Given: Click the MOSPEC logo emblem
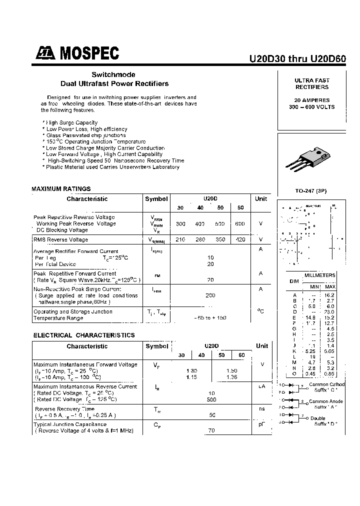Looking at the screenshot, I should (x=46, y=52).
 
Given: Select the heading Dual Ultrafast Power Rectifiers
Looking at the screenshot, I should (x=114, y=83).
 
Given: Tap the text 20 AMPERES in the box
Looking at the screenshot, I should (x=311, y=100).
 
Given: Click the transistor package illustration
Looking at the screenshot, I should (x=311, y=159).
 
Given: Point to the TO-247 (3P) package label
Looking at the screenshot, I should (x=311, y=190).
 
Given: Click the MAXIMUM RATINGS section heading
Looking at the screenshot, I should (x=61, y=188).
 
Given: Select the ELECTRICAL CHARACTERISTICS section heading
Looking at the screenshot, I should (x=84, y=335).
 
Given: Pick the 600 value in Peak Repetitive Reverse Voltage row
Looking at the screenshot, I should (x=240, y=223).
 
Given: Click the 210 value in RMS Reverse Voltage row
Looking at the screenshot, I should (x=180, y=239).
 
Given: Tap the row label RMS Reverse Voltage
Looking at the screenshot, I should (x=60, y=240).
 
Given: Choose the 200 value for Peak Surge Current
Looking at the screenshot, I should (x=210, y=295).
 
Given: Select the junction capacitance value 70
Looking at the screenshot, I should (x=211, y=430).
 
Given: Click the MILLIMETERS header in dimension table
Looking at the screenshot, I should (x=320, y=275).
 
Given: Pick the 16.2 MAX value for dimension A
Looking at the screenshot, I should (x=330, y=295).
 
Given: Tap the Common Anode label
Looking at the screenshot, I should (x=326, y=401).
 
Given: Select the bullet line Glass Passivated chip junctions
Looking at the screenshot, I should (x=85, y=135).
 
